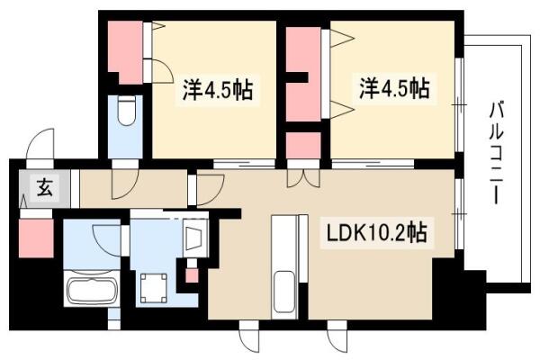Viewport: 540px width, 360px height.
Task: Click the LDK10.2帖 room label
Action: click(376, 232)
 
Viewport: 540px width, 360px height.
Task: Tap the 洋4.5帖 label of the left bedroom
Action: click(218, 90)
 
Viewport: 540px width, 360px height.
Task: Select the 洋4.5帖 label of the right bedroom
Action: click(395, 88)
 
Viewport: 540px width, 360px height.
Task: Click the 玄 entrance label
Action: click(45, 186)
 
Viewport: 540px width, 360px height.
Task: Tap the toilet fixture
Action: click(126, 111)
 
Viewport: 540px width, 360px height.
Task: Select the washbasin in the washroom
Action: click(195, 237)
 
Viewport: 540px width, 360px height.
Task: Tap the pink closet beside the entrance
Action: click(36, 238)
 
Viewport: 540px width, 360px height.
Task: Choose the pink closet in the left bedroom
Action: click(125, 52)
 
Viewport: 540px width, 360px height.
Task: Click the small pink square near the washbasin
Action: click(192, 275)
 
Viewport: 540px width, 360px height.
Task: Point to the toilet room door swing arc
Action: click(125, 184)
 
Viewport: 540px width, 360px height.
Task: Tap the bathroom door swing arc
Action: click(107, 240)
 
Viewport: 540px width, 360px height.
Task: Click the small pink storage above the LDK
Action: click(303, 146)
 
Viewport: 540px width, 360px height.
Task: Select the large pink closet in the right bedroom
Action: click(303, 74)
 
